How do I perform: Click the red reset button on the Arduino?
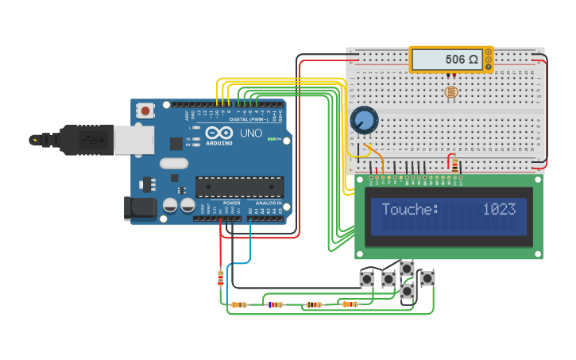[x=145, y=111]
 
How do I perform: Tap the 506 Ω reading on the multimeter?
[x=461, y=60]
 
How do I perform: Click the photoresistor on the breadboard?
[x=450, y=93]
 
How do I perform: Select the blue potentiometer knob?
[x=364, y=121]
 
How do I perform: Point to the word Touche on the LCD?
[x=409, y=210]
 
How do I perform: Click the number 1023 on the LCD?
[x=499, y=210]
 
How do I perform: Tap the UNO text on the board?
[x=251, y=133]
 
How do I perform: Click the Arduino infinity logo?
[x=218, y=133]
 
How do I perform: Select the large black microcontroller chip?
[x=239, y=187]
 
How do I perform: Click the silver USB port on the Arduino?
[x=133, y=141]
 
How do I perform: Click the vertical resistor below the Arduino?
[x=220, y=277]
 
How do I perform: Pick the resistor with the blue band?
[x=275, y=304]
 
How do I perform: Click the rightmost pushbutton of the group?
[x=427, y=278]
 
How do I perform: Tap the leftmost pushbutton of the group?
[x=367, y=279]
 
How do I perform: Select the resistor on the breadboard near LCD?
[x=454, y=165]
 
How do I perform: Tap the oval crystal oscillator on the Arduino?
[x=174, y=164]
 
